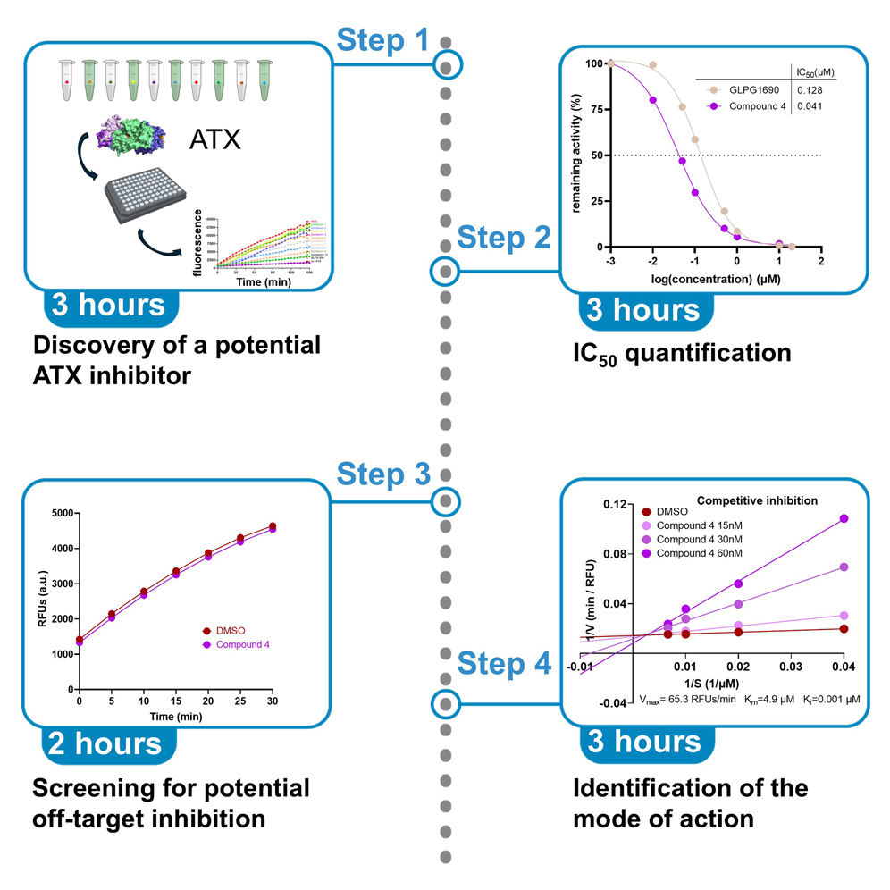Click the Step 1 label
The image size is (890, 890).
383,40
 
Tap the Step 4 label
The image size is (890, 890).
504,664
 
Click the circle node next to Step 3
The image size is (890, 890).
446,501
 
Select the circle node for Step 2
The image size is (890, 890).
446,269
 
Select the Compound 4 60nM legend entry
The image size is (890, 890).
698,553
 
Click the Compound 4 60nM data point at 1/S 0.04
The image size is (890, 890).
843,518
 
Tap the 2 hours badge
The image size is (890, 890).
110,743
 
